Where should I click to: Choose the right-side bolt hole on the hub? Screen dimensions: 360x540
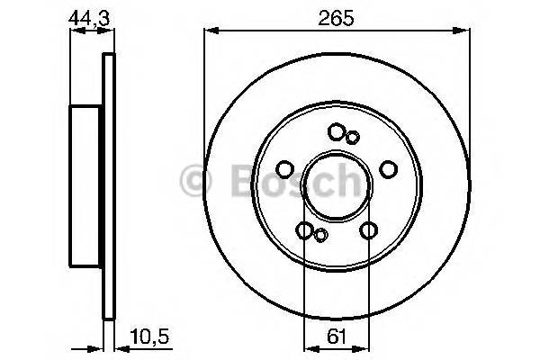[x=388, y=168]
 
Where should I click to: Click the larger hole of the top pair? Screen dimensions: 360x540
[x=337, y=132]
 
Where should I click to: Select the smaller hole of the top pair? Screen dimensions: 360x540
[x=353, y=137]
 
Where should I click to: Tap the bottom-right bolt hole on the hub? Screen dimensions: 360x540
[x=367, y=230]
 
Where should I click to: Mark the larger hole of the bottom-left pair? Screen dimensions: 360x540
[x=305, y=230]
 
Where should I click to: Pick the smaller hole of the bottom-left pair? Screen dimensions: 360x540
[x=320, y=236]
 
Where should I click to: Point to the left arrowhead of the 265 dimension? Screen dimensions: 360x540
[x=210, y=31]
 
